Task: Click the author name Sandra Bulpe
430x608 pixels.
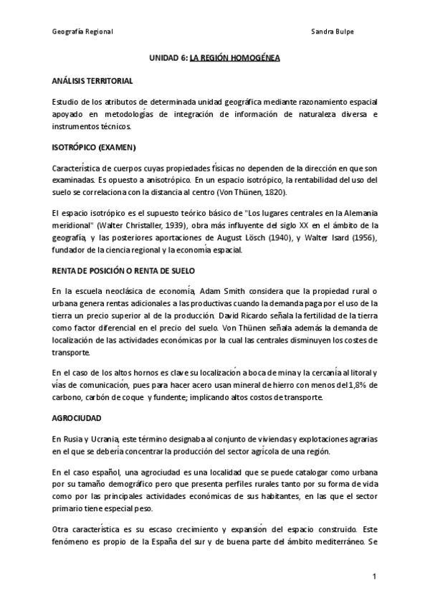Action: (x=334, y=32)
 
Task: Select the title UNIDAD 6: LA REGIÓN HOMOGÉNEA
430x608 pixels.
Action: (x=214, y=63)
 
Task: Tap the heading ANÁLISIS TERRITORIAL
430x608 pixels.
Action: (x=92, y=83)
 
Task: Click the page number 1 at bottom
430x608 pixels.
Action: (x=374, y=576)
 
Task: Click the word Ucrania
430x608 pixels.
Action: (x=107, y=437)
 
